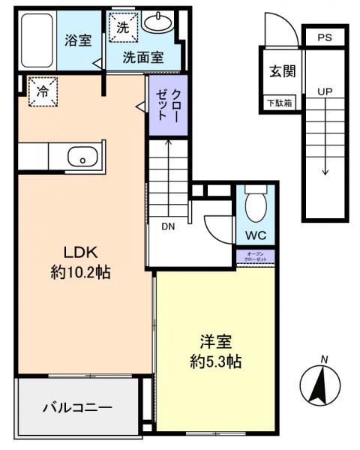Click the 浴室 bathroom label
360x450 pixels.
78,41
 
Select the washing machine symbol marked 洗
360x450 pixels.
121,27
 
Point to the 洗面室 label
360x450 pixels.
143,57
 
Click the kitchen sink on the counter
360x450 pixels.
79,157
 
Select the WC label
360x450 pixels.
254,235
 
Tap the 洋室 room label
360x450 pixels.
214,342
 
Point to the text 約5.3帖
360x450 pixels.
214,361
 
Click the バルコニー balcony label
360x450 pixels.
76,407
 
